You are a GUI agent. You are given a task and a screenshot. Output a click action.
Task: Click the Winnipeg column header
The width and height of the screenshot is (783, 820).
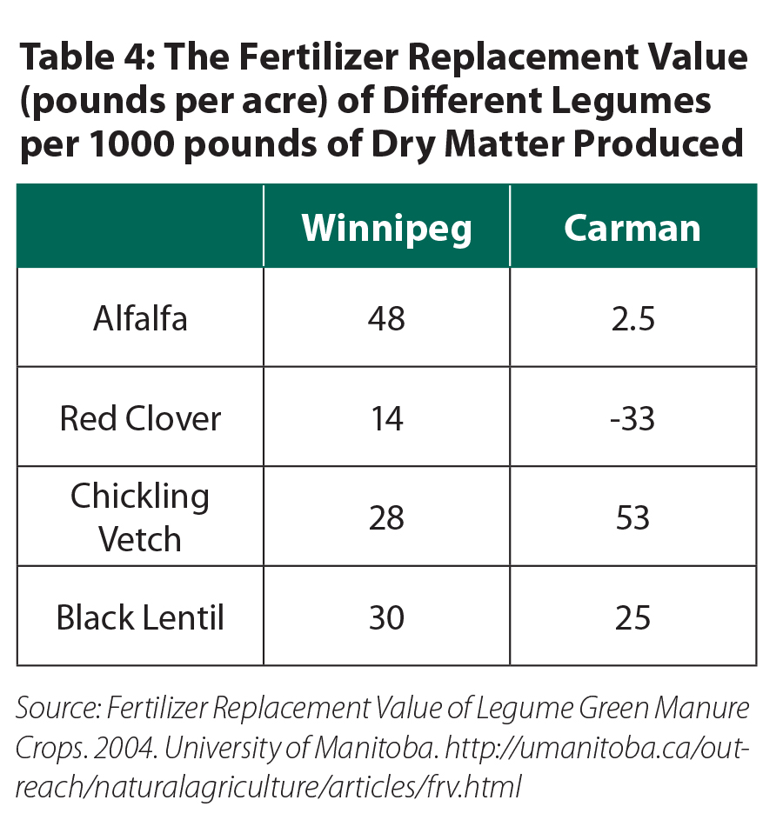point(386,228)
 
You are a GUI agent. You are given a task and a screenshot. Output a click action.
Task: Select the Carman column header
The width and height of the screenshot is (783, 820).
point(632,228)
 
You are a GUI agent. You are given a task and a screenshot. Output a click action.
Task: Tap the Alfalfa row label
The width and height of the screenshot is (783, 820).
point(140,319)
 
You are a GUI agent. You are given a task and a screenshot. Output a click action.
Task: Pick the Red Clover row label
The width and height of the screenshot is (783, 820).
point(140,419)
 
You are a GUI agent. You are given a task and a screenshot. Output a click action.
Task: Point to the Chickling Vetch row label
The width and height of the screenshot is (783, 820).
point(140,517)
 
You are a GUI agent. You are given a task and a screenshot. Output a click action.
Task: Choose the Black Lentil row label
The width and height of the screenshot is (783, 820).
point(140,618)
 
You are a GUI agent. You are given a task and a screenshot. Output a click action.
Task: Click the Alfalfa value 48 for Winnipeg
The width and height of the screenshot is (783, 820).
point(386,319)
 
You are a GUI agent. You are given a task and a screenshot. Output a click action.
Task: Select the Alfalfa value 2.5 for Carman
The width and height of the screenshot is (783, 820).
point(632,319)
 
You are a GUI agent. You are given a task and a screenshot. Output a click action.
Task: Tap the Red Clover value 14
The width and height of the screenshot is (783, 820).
point(386,419)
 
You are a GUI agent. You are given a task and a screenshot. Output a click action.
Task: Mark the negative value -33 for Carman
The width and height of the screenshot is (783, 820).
point(632,419)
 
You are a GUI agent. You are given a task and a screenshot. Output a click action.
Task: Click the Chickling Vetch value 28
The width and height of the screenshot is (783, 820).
point(386,518)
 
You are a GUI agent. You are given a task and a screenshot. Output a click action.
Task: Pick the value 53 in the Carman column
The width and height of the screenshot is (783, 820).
point(632,518)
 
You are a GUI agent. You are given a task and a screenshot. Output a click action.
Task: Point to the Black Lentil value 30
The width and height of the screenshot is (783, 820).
point(386,618)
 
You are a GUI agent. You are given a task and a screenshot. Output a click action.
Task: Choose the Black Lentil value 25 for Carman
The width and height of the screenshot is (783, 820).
point(632,618)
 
